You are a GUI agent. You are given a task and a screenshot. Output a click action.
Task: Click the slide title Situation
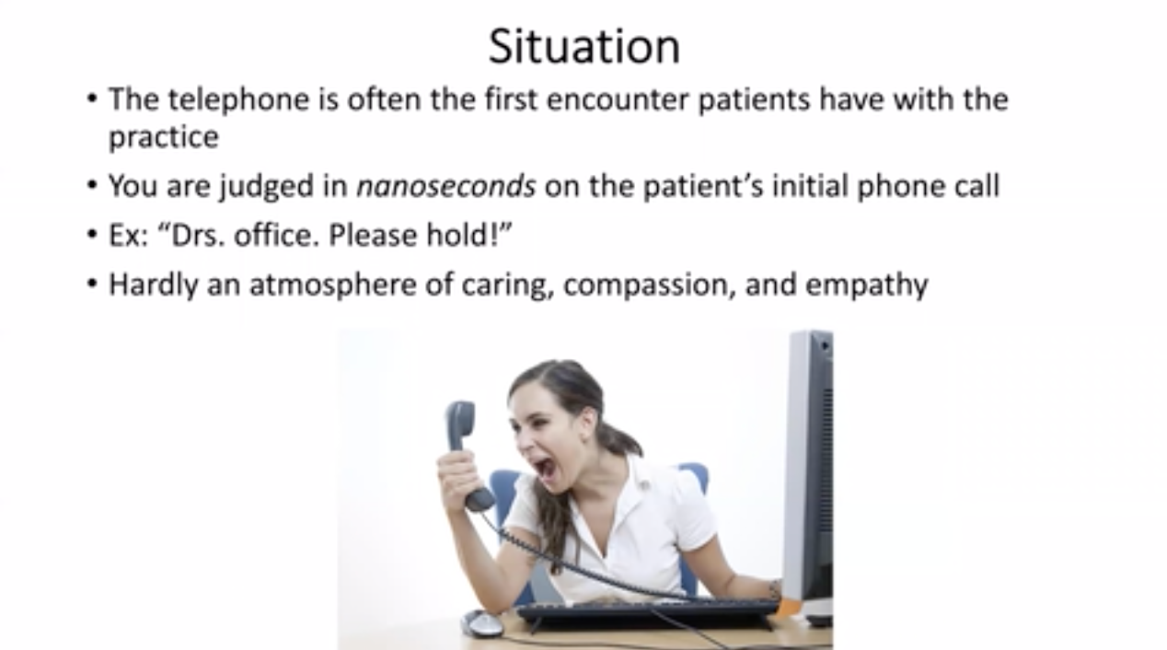point(584,47)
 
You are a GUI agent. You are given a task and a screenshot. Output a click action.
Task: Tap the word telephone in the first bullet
point(238,100)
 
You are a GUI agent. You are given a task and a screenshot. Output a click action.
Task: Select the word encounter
point(618,99)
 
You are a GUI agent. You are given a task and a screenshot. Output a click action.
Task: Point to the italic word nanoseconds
point(446,186)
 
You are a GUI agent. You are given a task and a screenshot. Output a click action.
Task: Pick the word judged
point(266,187)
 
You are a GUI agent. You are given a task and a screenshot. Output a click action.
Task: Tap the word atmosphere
point(333,285)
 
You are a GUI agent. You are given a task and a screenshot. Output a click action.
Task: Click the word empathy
point(867,285)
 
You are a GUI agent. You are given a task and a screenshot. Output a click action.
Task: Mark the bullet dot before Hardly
point(92,284)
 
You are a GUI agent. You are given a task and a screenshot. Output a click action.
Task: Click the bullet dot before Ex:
point(92,234)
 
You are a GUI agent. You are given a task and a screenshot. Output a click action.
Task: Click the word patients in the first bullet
point(755,99)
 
